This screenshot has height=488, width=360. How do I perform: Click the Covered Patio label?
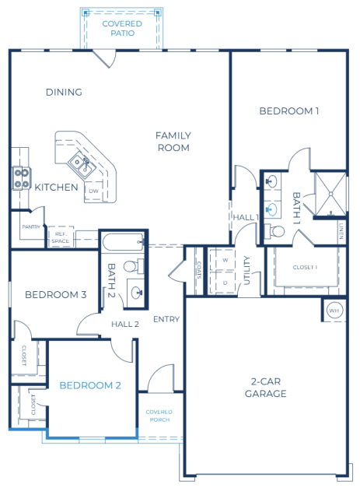(x=122, y=28)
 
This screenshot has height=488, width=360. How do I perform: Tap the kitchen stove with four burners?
(x=22, y=178)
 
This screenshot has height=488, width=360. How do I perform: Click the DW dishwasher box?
(x=93, y=191)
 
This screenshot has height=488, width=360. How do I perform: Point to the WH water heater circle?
(x=334, y=311)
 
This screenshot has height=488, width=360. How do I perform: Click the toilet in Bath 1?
(x=274, y=231)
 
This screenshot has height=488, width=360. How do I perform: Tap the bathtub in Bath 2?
(x=124, y=241)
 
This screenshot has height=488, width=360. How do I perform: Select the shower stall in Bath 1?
(x=330, y=194)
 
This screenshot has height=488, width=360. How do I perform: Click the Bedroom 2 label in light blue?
(x=90, y=385)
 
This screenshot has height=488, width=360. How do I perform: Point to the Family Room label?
(x=173, y=142)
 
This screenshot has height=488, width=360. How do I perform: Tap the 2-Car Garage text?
(x=265, y=388)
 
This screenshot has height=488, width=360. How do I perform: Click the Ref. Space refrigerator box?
(x=61, y=237)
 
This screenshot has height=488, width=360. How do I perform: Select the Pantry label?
(x=31, y=227)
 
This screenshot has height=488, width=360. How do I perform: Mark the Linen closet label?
(x=341, y=231)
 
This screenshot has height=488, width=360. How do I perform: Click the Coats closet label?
(x=199, y=270)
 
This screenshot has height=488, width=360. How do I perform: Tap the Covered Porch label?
(x=159, y=416)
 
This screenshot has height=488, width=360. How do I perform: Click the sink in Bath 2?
(x=135, y=293)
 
